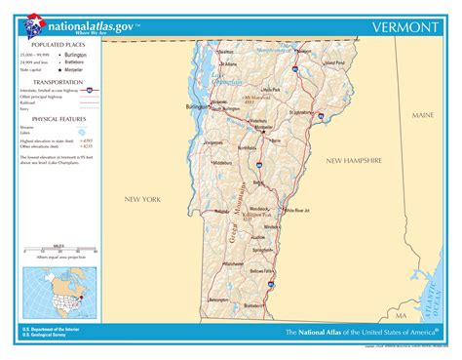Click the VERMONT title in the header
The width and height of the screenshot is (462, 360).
click(404, 27)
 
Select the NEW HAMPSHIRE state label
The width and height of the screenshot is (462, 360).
click(358, 159)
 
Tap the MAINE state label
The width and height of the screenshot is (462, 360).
click(422, 115)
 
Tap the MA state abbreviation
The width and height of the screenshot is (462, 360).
click(400, 317)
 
